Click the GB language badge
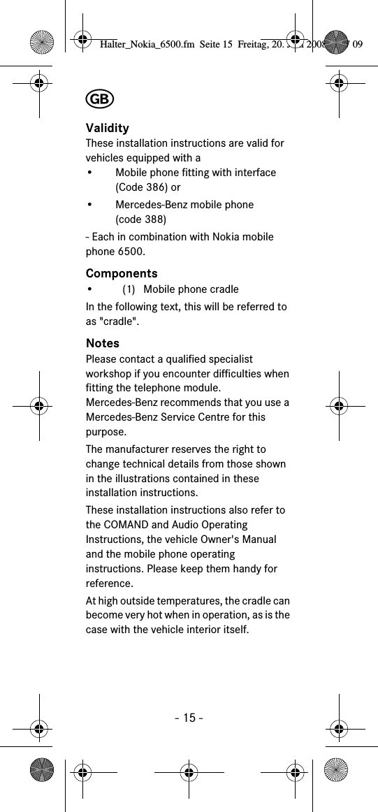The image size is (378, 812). (100, 99)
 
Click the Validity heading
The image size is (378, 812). (107, 128)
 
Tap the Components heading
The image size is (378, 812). (122, 273)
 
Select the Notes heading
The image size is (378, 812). (103, 343)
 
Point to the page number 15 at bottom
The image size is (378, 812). (188, 718)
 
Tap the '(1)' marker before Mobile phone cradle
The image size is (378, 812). (129, 289)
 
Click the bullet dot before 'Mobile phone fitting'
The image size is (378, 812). (90, 173)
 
